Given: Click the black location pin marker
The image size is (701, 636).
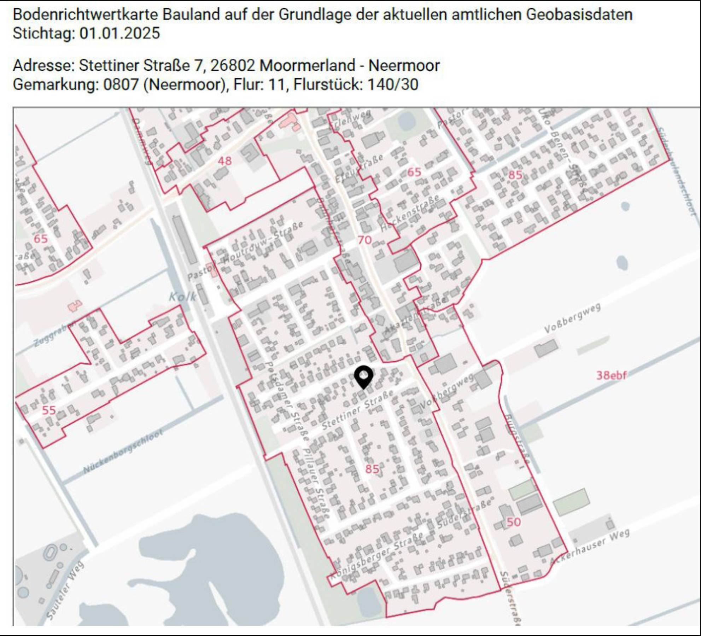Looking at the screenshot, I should (x=363, y=377).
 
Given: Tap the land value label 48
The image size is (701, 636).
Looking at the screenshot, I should (x=224, y=161).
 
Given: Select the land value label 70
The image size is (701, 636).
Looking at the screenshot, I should (x=364, y=240).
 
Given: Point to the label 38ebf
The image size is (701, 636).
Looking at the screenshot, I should (x=611, y=375).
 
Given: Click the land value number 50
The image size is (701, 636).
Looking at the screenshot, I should (x=513, y=522).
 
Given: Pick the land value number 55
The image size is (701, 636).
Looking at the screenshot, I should (x=49, y=410).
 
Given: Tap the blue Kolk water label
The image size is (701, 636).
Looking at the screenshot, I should (x=182, y=297).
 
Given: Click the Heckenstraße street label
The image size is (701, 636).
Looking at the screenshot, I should (x=410, y=214).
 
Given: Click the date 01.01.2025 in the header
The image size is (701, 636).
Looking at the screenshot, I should (x=119, y=34).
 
